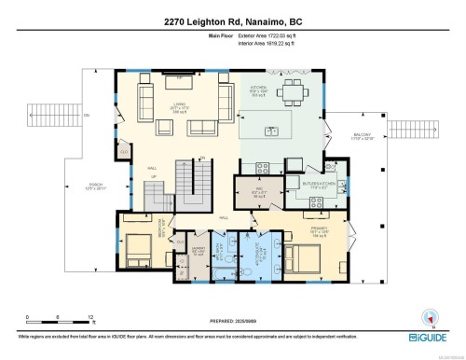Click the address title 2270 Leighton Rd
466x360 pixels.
coord(233,21)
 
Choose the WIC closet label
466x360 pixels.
coord(261,192)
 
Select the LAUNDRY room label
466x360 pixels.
coord(197,249)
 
